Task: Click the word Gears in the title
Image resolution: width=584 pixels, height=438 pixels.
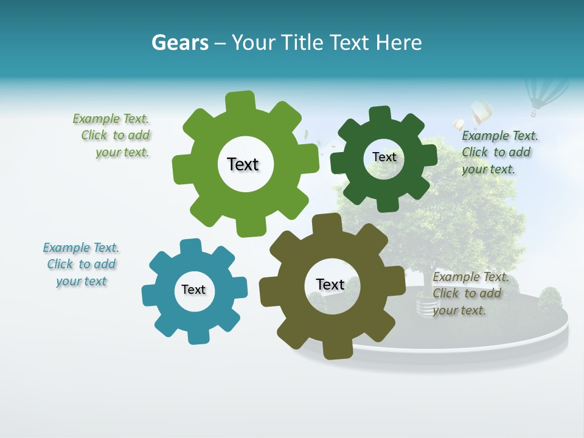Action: click(x=179, y=43)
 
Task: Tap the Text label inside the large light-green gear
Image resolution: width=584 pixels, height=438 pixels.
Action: click(x=243, y=164)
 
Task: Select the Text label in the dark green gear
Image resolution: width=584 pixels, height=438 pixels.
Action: click(x=384, y=157)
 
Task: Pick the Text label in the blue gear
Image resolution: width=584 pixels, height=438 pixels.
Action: click(x=193, y=290)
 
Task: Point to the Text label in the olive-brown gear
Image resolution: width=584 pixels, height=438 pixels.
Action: click(x=330, y=284)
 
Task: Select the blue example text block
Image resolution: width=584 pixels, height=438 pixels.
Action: click(x=81, y=264)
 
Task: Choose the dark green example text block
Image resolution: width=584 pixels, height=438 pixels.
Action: click(x=499, y=152)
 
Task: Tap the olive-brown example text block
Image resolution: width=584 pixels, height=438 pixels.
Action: click(x=470, y=293)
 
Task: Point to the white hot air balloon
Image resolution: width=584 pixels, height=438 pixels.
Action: click(x=481, y=112)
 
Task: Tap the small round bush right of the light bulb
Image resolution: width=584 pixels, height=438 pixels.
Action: click(x=551, y=299)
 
